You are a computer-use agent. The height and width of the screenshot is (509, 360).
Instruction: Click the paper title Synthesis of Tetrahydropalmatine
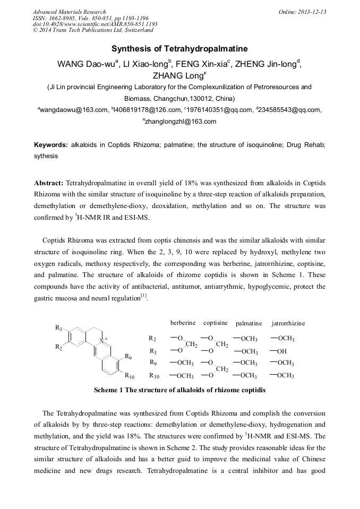[179, 48]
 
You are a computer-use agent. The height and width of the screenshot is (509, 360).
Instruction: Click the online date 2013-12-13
[312, 12]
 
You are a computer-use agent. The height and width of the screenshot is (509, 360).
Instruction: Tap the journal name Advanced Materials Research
[69, 12]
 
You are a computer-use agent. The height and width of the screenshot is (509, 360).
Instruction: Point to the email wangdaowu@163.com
[72, 110]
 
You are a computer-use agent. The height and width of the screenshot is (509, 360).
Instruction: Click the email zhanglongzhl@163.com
[181, 122]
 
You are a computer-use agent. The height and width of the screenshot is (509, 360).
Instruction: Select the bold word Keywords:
[51, 145]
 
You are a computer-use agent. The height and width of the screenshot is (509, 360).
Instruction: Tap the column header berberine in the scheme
[183, 323]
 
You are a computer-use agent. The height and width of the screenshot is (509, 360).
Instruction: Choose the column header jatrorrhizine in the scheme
[288, 323]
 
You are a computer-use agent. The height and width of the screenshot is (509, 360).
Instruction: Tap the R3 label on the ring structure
[58, 327]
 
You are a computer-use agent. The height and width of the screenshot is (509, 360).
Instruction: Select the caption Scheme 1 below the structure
[179, 390]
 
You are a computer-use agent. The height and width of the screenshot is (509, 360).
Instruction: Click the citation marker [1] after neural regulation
[143, 296]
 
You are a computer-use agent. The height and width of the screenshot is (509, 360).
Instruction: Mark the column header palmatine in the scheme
[248, 323]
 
